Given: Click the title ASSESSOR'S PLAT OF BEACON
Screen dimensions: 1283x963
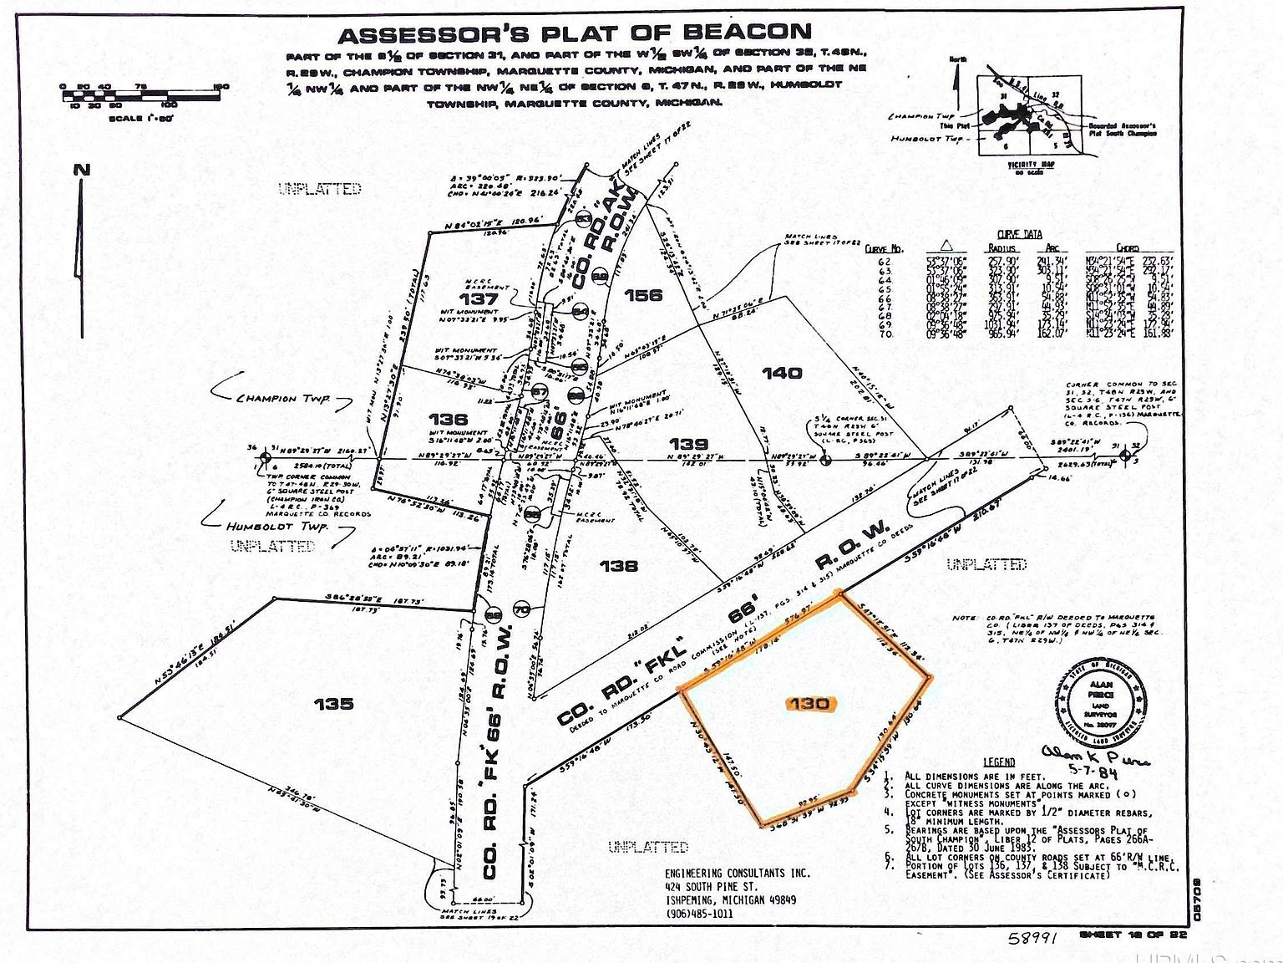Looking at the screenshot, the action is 574,34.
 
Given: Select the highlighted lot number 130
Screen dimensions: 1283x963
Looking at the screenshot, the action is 809,704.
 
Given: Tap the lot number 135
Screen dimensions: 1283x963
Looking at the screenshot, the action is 333,704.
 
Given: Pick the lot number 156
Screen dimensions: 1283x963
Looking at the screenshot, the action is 642,295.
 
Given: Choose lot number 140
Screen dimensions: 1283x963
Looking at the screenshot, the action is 782,373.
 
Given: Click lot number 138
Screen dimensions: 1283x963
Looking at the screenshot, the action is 619,566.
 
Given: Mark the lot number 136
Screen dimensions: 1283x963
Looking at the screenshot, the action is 448,419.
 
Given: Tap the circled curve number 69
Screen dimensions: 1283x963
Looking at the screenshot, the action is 494,616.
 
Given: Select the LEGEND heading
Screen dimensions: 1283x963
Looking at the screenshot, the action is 999,762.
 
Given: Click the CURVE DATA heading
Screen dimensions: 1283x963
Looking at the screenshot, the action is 1020,235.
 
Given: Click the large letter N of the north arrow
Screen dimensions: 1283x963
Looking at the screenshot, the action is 81,170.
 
